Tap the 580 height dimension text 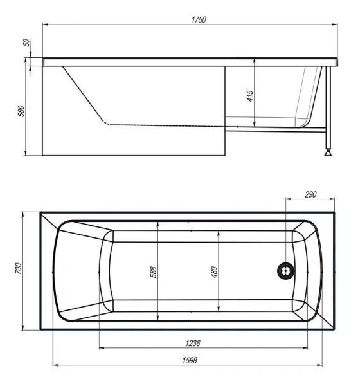(21, 110)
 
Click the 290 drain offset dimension (310, 194)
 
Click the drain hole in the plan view (284, 271)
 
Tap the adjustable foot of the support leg (329, 153)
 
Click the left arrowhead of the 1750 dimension (45, 25)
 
